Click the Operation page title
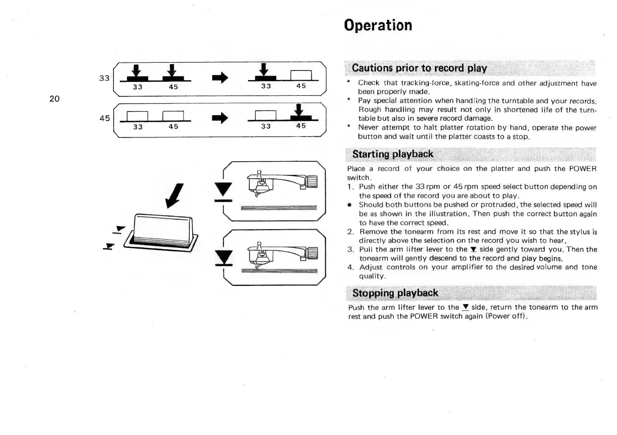[378, 25]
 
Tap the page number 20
[54, 99]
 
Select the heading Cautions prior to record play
[419, 68]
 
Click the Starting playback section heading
[393, 154]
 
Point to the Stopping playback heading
[395, 293]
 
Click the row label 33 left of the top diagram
[104, 78]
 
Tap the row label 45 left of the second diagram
[104, 118]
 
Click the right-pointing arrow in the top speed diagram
[220, 78]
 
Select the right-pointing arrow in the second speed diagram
[220, 118]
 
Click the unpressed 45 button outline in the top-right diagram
[301, 75]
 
